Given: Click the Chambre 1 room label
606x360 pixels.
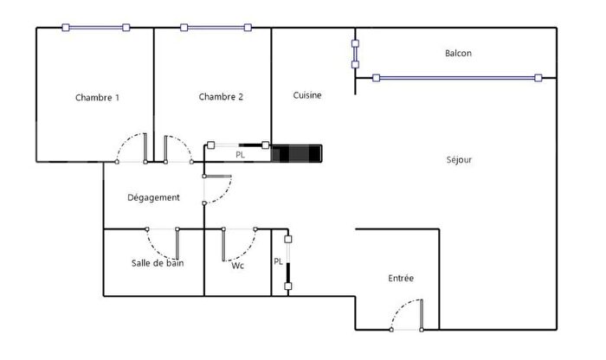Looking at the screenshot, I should click(97, 98).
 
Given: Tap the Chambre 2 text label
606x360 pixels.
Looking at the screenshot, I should click(220, 97).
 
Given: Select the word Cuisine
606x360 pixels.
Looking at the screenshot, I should click(307, 95).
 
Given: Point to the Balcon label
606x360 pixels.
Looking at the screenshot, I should click(458, 54).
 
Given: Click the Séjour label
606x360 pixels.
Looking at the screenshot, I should click(459, 159).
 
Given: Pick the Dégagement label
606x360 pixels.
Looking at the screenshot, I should click(153, 197).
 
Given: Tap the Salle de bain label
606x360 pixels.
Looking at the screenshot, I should click(158, 263).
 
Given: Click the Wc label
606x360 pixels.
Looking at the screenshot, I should click(238, 266).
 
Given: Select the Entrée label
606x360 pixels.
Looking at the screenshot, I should click(400, 278).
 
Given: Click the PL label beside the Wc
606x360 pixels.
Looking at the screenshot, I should click(278, 260).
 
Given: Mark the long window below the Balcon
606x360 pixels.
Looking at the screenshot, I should click(456, 78).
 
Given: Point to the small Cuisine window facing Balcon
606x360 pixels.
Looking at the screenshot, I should click(355, 53).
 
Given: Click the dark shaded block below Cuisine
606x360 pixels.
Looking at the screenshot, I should click(296, 153).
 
